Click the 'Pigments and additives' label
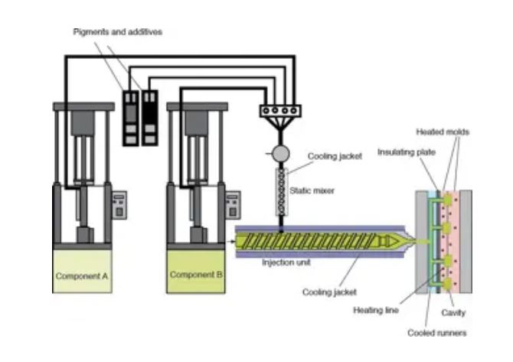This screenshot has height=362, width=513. [117, 31]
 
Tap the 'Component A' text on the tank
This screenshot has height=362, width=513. [80, 275]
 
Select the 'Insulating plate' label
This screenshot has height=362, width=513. [406, 152]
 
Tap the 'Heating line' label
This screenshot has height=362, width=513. [374, 310]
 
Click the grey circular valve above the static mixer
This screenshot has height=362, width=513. [280, 154]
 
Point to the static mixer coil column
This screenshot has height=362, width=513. [280, 191]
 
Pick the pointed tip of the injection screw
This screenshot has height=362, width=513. [395, 242]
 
